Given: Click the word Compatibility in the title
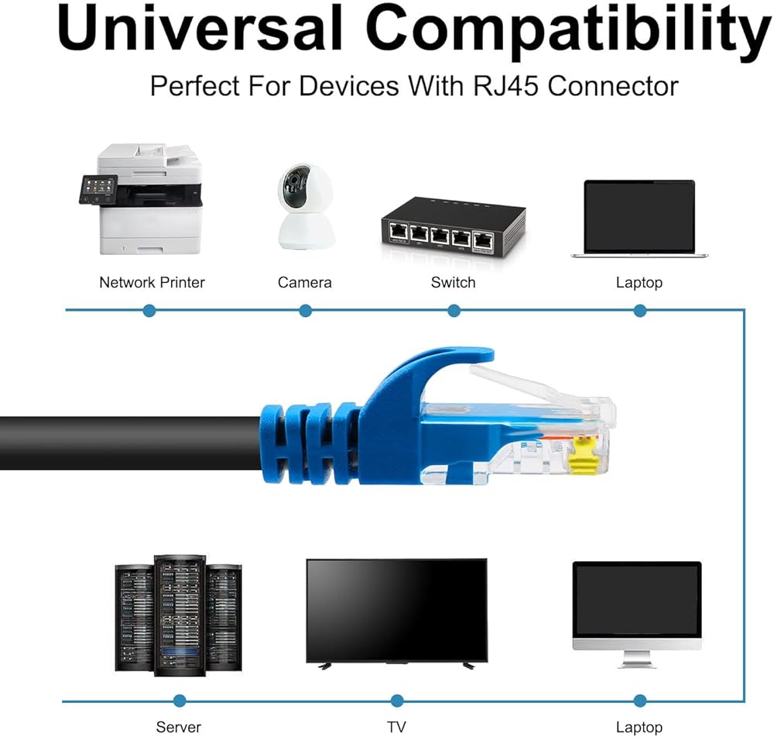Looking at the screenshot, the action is [568, 31].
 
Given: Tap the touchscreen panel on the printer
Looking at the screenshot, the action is [99, 188].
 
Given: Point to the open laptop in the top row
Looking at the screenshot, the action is [639, 218].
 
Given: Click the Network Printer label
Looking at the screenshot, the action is [152, 282].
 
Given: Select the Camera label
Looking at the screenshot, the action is [304, 282].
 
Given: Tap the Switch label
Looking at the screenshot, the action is [454, 282].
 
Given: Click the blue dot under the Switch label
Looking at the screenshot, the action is [454, 311].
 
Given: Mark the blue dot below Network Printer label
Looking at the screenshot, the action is [150, 311].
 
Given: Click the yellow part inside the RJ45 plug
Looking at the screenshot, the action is [581, 457].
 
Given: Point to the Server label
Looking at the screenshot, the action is [178, 727].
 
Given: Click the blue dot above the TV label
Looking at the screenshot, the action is [397, 701].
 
